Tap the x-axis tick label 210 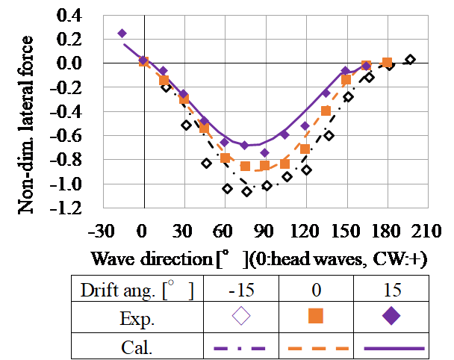point(428,229)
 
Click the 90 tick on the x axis point(265,229)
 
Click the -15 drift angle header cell point(242,288)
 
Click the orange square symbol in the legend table point(317,316)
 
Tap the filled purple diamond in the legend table point(391,316)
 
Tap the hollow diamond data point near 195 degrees point(410,59)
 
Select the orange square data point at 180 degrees point(388,63)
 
